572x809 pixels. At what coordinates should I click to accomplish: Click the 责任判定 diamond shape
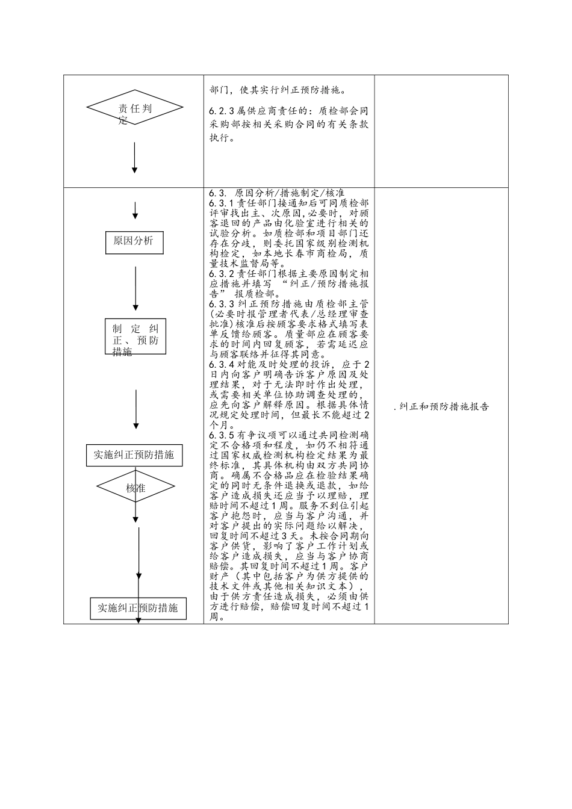[x=134, y=108]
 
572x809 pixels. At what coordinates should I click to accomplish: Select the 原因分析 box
[x=134, y=241]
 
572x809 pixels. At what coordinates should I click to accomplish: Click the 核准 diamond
[x=135, y=488]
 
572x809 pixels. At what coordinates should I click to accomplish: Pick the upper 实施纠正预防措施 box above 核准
[x=134, y=455]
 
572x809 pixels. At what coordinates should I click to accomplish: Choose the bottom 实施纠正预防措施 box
[x=138, y=608]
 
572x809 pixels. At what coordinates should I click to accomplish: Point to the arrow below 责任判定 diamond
[x=134, y=158]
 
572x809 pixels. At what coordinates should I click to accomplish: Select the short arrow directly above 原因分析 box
[x=135, y=211]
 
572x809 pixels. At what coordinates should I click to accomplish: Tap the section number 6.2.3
[x=222, y=111]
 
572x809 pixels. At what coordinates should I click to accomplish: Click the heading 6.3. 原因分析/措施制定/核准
[x=277, y=193]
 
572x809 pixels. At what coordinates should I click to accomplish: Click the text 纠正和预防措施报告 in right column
[x=444, y=407]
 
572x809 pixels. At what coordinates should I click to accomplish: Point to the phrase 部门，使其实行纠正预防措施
[x=277, y=91]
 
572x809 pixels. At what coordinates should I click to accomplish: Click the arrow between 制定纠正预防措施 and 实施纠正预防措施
[x=136, y=409]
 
